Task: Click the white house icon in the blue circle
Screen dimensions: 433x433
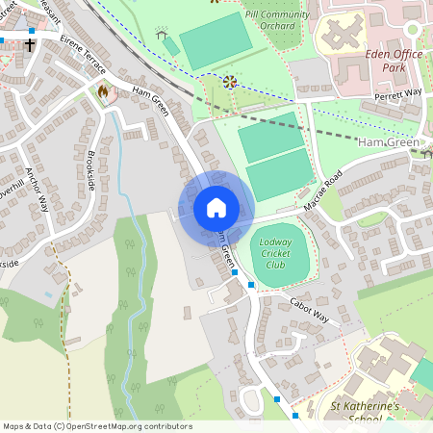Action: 216,208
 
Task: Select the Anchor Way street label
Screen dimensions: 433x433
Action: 38,190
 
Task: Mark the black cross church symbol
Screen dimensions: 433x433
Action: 30,44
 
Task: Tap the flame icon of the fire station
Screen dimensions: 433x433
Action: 103,91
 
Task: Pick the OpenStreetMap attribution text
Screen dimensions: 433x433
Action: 97,426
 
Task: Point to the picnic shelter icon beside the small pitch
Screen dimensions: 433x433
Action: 161,36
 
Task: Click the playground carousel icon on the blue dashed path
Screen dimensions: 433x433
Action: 230,82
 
